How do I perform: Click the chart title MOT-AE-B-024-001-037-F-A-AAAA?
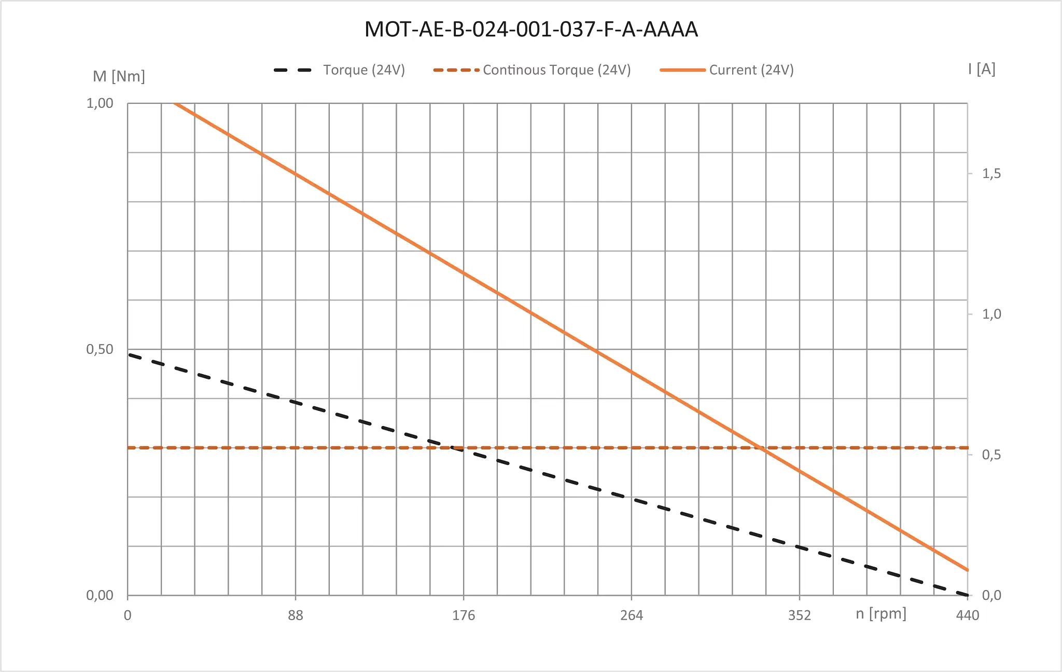tap(531, 30)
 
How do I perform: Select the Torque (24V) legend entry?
tap(364, 70)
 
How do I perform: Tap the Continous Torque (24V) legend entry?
tap(556, 70)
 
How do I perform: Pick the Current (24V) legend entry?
tap(751, 70)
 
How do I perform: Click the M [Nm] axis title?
tap(119, 76)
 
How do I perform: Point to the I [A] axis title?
tap(981, 69)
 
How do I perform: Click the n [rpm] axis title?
tap(881, 614)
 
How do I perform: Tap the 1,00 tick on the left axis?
tap(100, 103)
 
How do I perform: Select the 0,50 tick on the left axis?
tap(100, 349)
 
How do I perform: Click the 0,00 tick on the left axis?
tap(100, 595)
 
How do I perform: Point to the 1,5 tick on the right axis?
tap(991, 174)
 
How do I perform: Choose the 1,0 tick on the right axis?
tap(991, 314)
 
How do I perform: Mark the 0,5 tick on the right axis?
tap(991, 455)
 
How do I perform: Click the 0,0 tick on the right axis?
tap(991, 595)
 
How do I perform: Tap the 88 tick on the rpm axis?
tap(296, 615)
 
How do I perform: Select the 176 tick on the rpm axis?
tap(464, 615)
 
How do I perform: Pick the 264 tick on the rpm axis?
tap(632, 615)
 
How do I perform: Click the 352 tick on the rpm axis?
tap(799, 615)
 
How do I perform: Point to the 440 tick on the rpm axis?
tap(968, 615)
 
